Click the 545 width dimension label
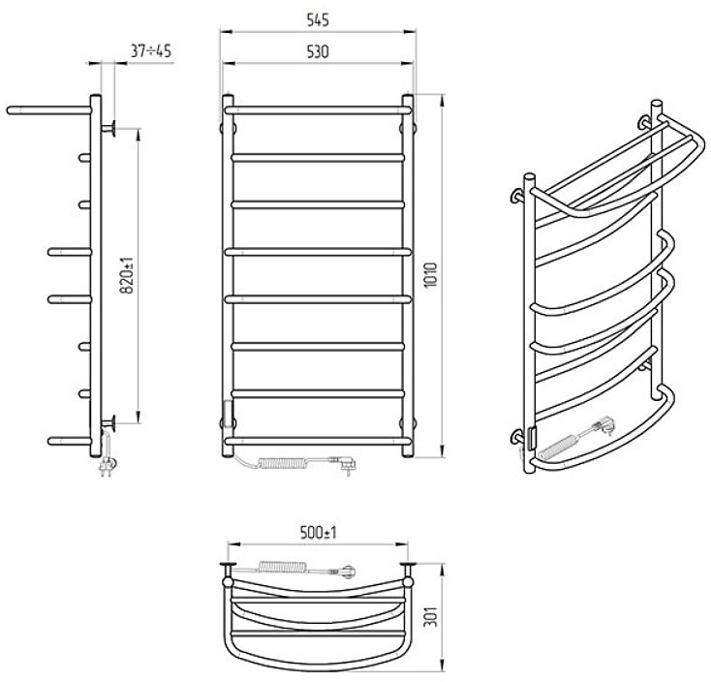pyautogui.click(x=318, y=20)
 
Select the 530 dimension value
pyautogui.click(x=318, y=52)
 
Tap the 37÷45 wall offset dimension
pyautogui.click(x=151, y=51)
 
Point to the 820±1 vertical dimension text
pyautogui.click(x=128, y=275)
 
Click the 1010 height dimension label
pyautogui.click(x=431, y=275)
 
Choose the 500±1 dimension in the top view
pyautogui.click(x=319, y=533)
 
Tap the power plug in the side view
pyautogui.click(x=108, y=466)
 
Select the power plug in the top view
pyautogui.click(x=347, y=570)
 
